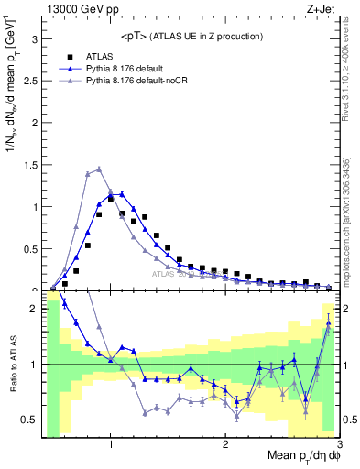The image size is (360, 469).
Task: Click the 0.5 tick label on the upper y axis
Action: pyautogui.click(x=29, y=248)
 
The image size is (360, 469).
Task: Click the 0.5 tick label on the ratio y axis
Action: pyautogui.click(x=29, y=420)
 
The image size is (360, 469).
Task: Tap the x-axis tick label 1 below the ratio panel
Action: pyautogui.click(x=111, y=446)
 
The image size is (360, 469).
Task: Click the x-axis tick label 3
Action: pyautogui.click(x=338, y=446)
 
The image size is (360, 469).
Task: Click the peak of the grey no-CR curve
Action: pyautogui.click(x=99, y=169)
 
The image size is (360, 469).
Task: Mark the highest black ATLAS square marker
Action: pyautogui.click(x=111, y=199)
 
